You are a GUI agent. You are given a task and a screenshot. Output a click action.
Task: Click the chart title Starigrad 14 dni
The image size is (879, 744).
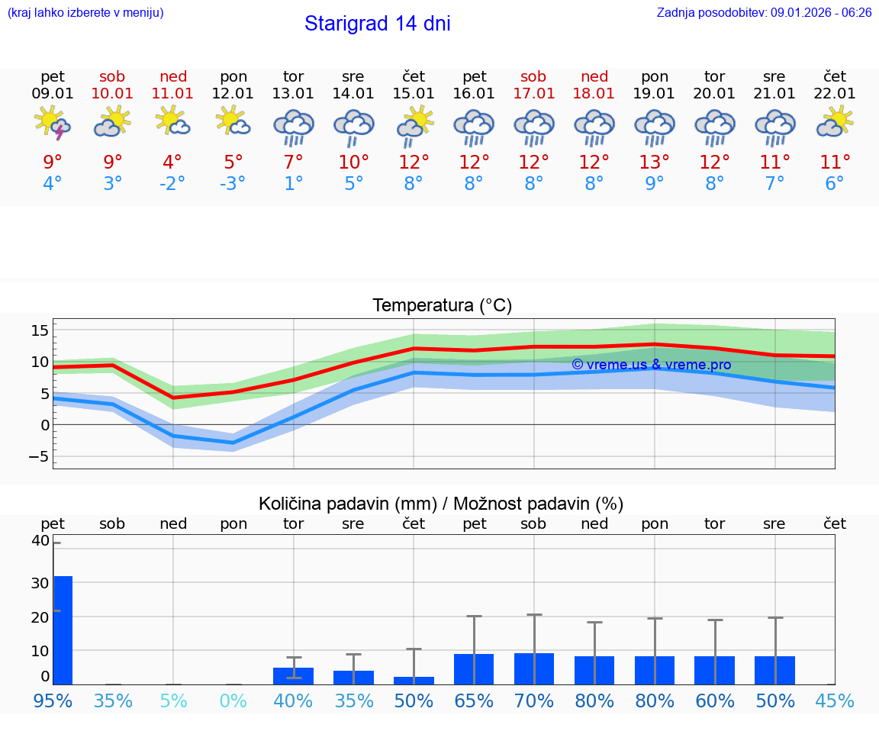click(x=377, y=24)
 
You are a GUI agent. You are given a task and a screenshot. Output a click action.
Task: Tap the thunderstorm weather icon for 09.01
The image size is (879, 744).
click(x=53, y=124)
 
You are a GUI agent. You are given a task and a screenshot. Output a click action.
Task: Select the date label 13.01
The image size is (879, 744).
click(x=293, y=93)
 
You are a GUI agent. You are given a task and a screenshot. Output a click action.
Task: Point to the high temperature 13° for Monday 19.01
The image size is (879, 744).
click(x=654, y=163)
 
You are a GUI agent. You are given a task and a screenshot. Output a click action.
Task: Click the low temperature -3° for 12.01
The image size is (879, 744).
click(x=233, y=184)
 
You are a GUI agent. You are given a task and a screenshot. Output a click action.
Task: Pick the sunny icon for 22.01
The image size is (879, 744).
click(x=835, y=122)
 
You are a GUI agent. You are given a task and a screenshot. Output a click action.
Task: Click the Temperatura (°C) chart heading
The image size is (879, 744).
click(x=442, y=306)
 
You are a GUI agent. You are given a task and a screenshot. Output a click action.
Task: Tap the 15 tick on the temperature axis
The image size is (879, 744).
click(x=40, y=330)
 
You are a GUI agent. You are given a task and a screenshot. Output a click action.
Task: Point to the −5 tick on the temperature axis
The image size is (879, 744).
click(x=38, y=457)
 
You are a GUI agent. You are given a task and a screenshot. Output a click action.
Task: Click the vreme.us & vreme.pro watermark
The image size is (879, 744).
click(x=651, y=365)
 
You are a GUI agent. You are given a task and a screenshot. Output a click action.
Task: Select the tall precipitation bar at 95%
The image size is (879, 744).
click(x=63, y=630)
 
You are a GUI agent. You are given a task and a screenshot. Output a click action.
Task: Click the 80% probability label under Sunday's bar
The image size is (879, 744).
click(x=594, y=701)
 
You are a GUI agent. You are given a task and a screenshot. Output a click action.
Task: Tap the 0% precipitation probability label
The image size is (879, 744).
click(x=233, y=701)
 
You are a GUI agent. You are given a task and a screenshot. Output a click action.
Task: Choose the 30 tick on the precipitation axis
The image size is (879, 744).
click(x=40, y=583)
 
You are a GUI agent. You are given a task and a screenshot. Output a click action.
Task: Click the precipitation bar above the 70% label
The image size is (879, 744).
click(x=533, y=668)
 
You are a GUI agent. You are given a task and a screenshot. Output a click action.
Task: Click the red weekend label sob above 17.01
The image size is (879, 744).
click(x=533, y=76)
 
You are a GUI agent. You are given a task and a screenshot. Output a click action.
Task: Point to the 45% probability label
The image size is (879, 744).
click(x=835, y=701)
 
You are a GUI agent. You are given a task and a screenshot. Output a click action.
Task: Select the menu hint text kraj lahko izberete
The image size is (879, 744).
click(x=85, y=12)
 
